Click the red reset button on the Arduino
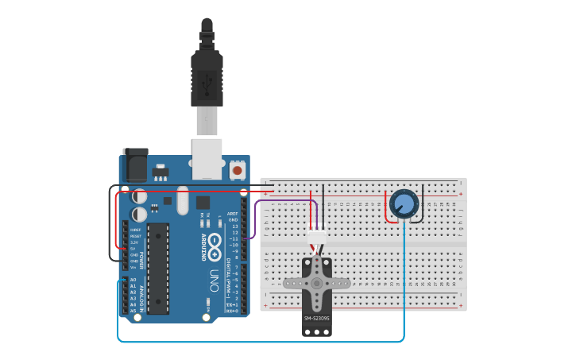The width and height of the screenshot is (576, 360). coord(237,169)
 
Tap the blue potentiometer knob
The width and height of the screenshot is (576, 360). coord(404,203)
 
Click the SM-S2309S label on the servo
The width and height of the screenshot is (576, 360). coord(316,319)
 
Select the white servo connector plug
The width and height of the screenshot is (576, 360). coord(317,236)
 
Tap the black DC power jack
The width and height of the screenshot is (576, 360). coord(134,165)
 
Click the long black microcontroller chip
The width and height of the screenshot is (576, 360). coord(158,267)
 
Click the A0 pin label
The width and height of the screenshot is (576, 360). coord(133,281)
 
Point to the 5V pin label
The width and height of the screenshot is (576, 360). coord(133,249)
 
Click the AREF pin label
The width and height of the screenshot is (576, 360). coord(233,214)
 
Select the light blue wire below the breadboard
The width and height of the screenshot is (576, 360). coord(262,342)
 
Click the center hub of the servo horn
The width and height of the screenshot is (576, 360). coord(316,282)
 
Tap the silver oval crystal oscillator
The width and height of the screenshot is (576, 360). coord(183,200)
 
